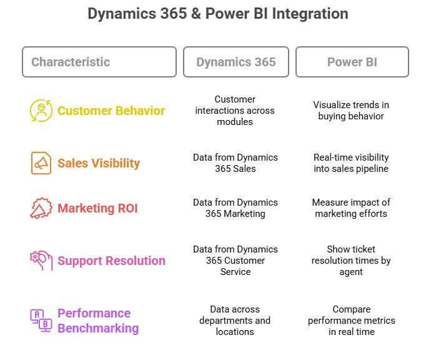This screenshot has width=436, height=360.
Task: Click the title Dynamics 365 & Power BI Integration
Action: [218, 14]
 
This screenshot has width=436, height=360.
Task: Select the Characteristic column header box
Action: [99, 62]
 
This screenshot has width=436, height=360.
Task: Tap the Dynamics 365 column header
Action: [236, 62]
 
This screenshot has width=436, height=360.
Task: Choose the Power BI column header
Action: [352, 62]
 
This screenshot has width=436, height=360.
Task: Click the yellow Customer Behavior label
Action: [111, 111]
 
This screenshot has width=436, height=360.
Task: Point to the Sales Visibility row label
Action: [99, 163]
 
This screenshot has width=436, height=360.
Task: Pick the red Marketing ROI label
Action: [97, 208]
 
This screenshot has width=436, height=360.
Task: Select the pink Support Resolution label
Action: [112, 261]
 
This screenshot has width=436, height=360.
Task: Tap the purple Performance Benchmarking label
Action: [98, 321]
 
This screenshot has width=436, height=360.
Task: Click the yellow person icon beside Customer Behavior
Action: [41, 111]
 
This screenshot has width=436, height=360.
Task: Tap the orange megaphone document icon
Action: [41, 163]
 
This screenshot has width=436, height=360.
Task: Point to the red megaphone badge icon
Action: [41, 208]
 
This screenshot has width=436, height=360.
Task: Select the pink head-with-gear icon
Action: [41, 261]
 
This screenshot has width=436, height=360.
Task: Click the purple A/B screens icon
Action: [41, 321]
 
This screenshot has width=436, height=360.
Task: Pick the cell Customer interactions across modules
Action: [235, 111]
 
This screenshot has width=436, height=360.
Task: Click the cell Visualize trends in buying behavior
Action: [351, 111]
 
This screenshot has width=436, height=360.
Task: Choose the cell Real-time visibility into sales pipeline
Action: [351, 163]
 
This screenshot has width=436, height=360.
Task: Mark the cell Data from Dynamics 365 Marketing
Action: [235, 208]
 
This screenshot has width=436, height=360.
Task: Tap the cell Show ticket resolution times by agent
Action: [351, 261]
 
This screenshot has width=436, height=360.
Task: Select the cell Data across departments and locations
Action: [235, 321]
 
